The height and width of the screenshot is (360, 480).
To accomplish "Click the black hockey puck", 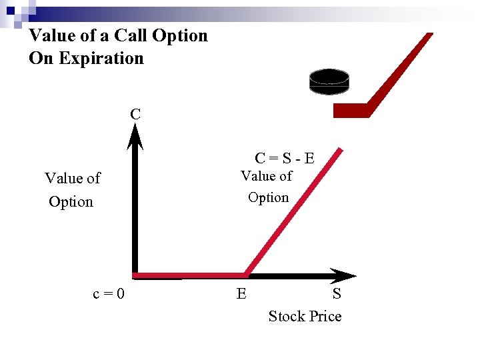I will click(329, 81).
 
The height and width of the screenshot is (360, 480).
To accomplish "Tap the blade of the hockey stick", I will click(351, 110).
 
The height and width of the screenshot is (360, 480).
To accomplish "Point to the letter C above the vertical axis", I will click(135, 114).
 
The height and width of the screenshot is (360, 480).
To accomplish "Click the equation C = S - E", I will click(285, 158).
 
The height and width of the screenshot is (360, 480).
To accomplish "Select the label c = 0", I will click(109, 293).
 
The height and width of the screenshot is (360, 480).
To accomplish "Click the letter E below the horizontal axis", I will click(241, 293).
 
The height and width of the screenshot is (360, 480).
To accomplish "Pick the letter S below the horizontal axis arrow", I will click(337, 293).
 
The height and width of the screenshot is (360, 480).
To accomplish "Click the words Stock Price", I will click(305, 316).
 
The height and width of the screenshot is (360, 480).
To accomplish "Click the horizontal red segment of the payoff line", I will click(190, 275).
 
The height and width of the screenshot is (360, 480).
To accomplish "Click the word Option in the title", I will click(181, 35).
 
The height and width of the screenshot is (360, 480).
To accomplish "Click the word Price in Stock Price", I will click(324, 316).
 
